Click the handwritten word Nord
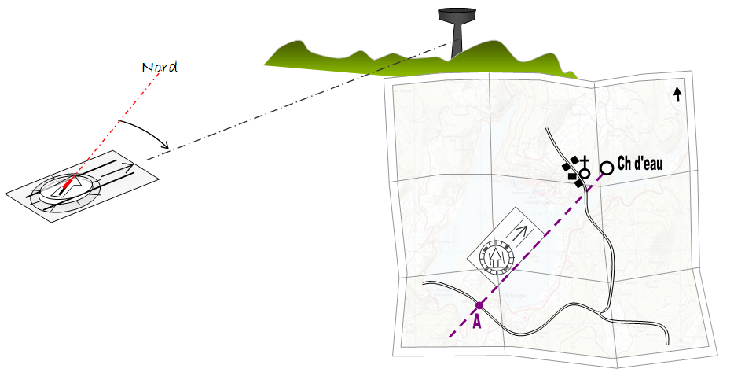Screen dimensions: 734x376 point(160,68)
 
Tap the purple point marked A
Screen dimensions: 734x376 point(479,306)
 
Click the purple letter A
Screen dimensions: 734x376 point(477,322)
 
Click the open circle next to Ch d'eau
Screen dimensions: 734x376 point(607,168)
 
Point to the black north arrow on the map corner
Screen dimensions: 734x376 point(677,94)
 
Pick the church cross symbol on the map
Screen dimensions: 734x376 point(585,163)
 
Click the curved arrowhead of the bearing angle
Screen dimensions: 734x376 point(165,145)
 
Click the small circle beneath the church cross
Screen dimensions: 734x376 point(584,174)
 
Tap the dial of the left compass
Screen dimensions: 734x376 point(65,189)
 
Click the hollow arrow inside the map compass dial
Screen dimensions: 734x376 point(495,257)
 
